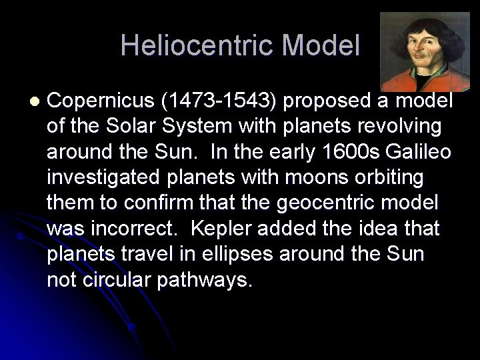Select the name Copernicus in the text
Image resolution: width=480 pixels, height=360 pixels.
[x=101, y=101]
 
